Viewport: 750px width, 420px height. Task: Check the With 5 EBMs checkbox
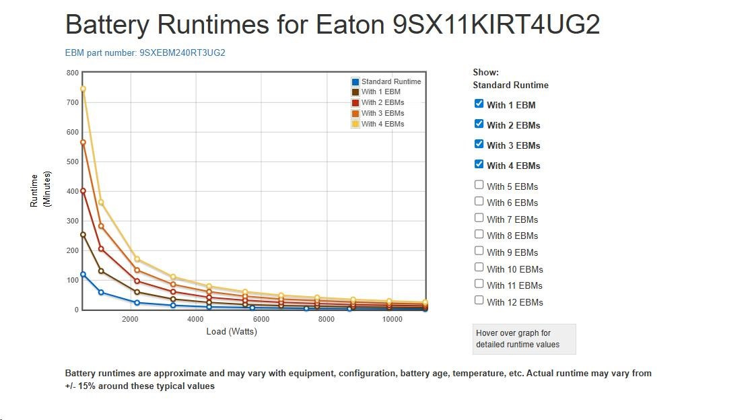[x=479, y=184]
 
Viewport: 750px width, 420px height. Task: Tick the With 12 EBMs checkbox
[x=479, y=300]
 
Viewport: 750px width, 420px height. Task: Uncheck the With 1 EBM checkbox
[x=479, y=104]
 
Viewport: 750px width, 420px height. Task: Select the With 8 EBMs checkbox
[x=479, y=234]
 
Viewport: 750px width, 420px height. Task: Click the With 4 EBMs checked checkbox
[x=479, y=164]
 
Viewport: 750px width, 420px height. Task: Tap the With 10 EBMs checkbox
[x=479, y=267]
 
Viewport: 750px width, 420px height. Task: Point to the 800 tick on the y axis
[x=73, y=73]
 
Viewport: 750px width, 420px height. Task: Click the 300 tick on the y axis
[x=73, y=221]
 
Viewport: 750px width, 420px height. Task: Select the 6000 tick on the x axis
[x=261, y=319]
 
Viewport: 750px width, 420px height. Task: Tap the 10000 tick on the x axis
[x=392, y=319]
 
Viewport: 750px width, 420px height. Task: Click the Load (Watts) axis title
[x=232, y=331]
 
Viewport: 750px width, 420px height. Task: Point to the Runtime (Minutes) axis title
[x=40, y=190]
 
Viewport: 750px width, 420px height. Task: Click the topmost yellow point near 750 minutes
[x=83, y=89]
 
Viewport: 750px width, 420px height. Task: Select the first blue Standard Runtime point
[x=83, y=275]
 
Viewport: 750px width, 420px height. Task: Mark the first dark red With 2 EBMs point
[x=83, y=191]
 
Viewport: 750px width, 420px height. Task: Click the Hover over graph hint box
[x=524, y=339]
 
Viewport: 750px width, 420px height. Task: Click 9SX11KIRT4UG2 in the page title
[x=496, y=25]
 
